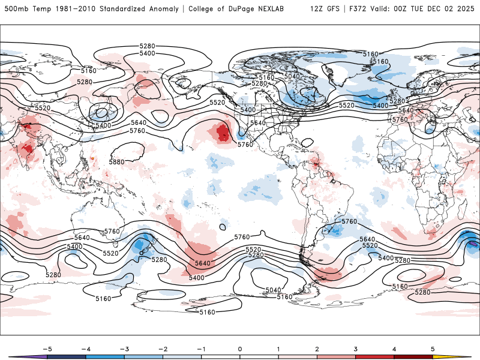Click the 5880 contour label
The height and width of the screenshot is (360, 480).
[x=116, y=162]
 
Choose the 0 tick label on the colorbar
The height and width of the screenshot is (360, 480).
[x=240, y=349]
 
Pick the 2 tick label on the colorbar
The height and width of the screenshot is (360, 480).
[x=317, y=349]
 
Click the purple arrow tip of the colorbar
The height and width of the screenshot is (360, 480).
[x=18, y=356]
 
